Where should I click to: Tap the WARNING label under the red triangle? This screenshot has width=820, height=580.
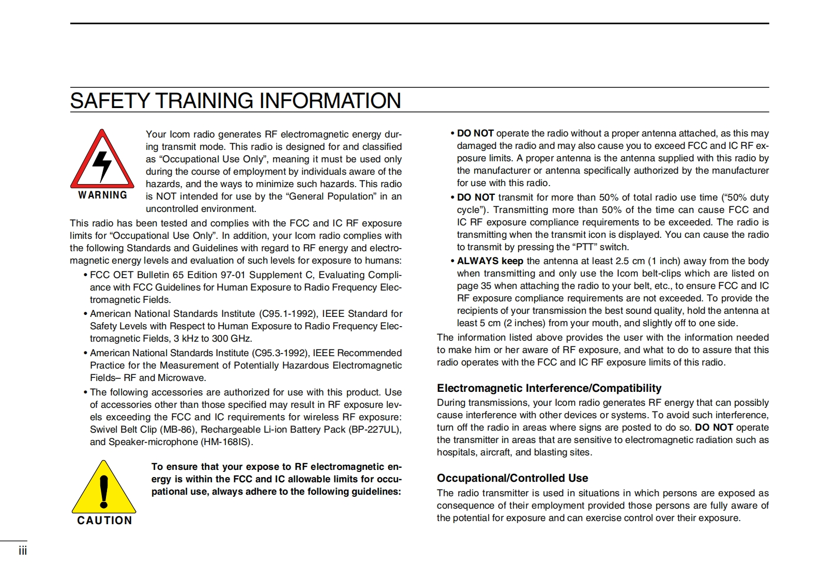coord(103,195)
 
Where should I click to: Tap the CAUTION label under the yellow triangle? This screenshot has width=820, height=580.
coord(104,521)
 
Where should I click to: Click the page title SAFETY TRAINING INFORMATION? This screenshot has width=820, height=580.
coord(235,101)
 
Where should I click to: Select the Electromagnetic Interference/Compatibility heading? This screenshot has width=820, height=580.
coord(549,388)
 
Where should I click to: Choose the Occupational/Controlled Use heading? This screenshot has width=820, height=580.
coord(512,478)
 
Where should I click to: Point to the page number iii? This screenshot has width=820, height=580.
coord(23,551)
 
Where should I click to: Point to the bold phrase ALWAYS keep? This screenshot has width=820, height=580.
coord(490,261)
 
